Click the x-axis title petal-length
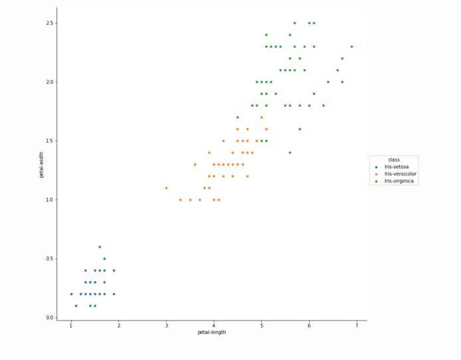tap(211, 332)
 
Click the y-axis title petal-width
tap(41, 165)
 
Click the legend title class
tap(394, 159)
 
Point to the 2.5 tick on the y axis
tap(50, 23)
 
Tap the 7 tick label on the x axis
tap(357, 325)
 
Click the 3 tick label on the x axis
tap(166, 325)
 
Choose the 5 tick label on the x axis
tap(262, 325)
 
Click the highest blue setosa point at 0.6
tap(100, 247)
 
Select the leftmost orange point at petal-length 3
tap(166, 188)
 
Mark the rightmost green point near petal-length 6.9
tap(352, 46)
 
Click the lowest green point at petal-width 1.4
tap(290, 153)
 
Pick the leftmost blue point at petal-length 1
tap(71, 294)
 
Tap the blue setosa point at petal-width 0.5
tap(104, 258)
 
